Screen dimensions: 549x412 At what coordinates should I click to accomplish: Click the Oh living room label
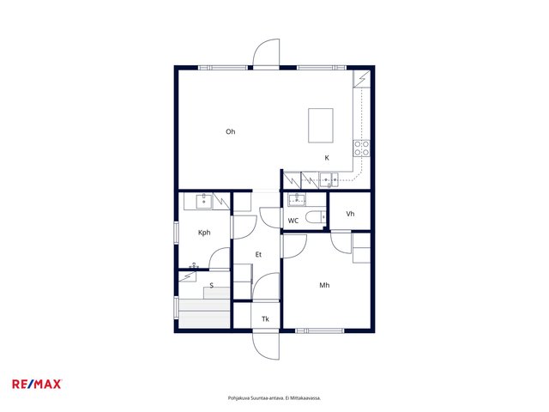[x=231, y=131]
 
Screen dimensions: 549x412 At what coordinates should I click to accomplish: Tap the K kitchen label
[x=327, y=158]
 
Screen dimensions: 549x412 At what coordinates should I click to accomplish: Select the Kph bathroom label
[x=204, y=233]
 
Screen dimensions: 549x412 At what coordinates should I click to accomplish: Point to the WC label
[x=293, y=221]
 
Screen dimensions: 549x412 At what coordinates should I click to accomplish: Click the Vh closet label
[x=350, y=214]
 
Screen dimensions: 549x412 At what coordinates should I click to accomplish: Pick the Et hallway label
[x=258, y=255]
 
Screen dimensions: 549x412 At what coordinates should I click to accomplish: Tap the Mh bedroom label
[x=324, y=285]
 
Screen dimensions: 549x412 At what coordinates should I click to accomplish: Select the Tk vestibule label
[x=265, y=318]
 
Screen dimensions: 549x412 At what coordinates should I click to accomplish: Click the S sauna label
[x=212, y=286]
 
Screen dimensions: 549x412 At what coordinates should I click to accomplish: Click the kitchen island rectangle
[x=320, y=125]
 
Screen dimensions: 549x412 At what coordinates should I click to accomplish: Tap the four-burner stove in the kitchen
[x=361, y=148]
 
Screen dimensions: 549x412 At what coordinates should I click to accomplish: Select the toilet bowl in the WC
[x=316, y=217]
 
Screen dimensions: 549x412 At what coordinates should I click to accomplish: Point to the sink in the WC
[x=297, y=200]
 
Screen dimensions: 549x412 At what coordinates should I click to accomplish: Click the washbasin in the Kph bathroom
[x=204, y=202]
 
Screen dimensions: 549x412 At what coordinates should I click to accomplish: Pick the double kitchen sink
[x=329, y=180]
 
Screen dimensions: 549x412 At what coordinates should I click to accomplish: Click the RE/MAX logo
[x=37, y=385]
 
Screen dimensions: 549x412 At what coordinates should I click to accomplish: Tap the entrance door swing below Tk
[x=266, y=345]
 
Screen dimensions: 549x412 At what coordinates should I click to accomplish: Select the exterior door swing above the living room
[x=266, y=52]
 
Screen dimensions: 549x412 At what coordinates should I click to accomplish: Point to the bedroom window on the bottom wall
[x=320, y=330]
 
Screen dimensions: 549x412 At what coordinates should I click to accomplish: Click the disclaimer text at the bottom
[x=274, y=398]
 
